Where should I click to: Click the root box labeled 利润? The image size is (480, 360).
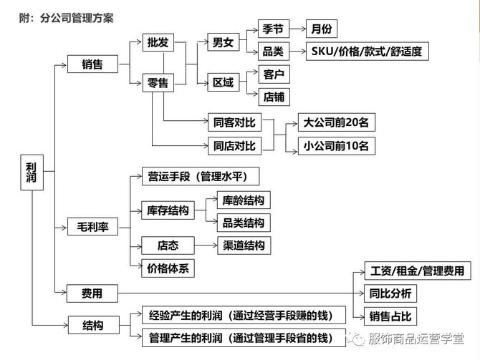click(x=29, y=172)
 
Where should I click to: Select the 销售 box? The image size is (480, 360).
click(x=92, y=65)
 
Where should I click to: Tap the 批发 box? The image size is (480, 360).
click(x=158, y=42)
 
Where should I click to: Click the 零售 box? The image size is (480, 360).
click(x=158, y=84)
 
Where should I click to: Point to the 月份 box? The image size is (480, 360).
click(x=320, y=30)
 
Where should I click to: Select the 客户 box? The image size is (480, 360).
click(x=274, y=74)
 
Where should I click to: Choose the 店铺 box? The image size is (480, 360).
click(x=274, y=96)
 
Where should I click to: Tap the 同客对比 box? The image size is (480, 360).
click(x=234, y=122)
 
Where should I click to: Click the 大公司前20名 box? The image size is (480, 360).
click(x=336, y=122)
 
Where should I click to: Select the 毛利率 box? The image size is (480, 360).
click(x=92, y=228)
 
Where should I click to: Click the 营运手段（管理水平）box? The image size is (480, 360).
click(x=199, y=176)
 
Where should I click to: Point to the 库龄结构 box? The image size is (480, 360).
click(x=243, y=200)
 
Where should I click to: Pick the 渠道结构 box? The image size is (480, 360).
click(x=243, y=245)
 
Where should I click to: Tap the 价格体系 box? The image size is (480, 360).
click(x=168, y=268)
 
